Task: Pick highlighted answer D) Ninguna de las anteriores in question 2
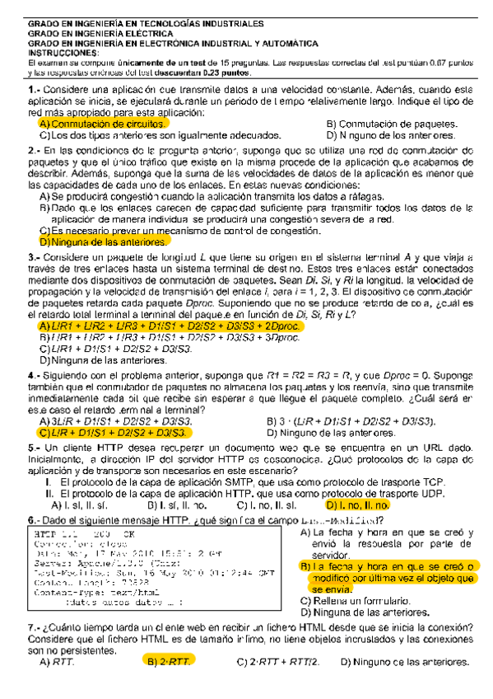point(95,242)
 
